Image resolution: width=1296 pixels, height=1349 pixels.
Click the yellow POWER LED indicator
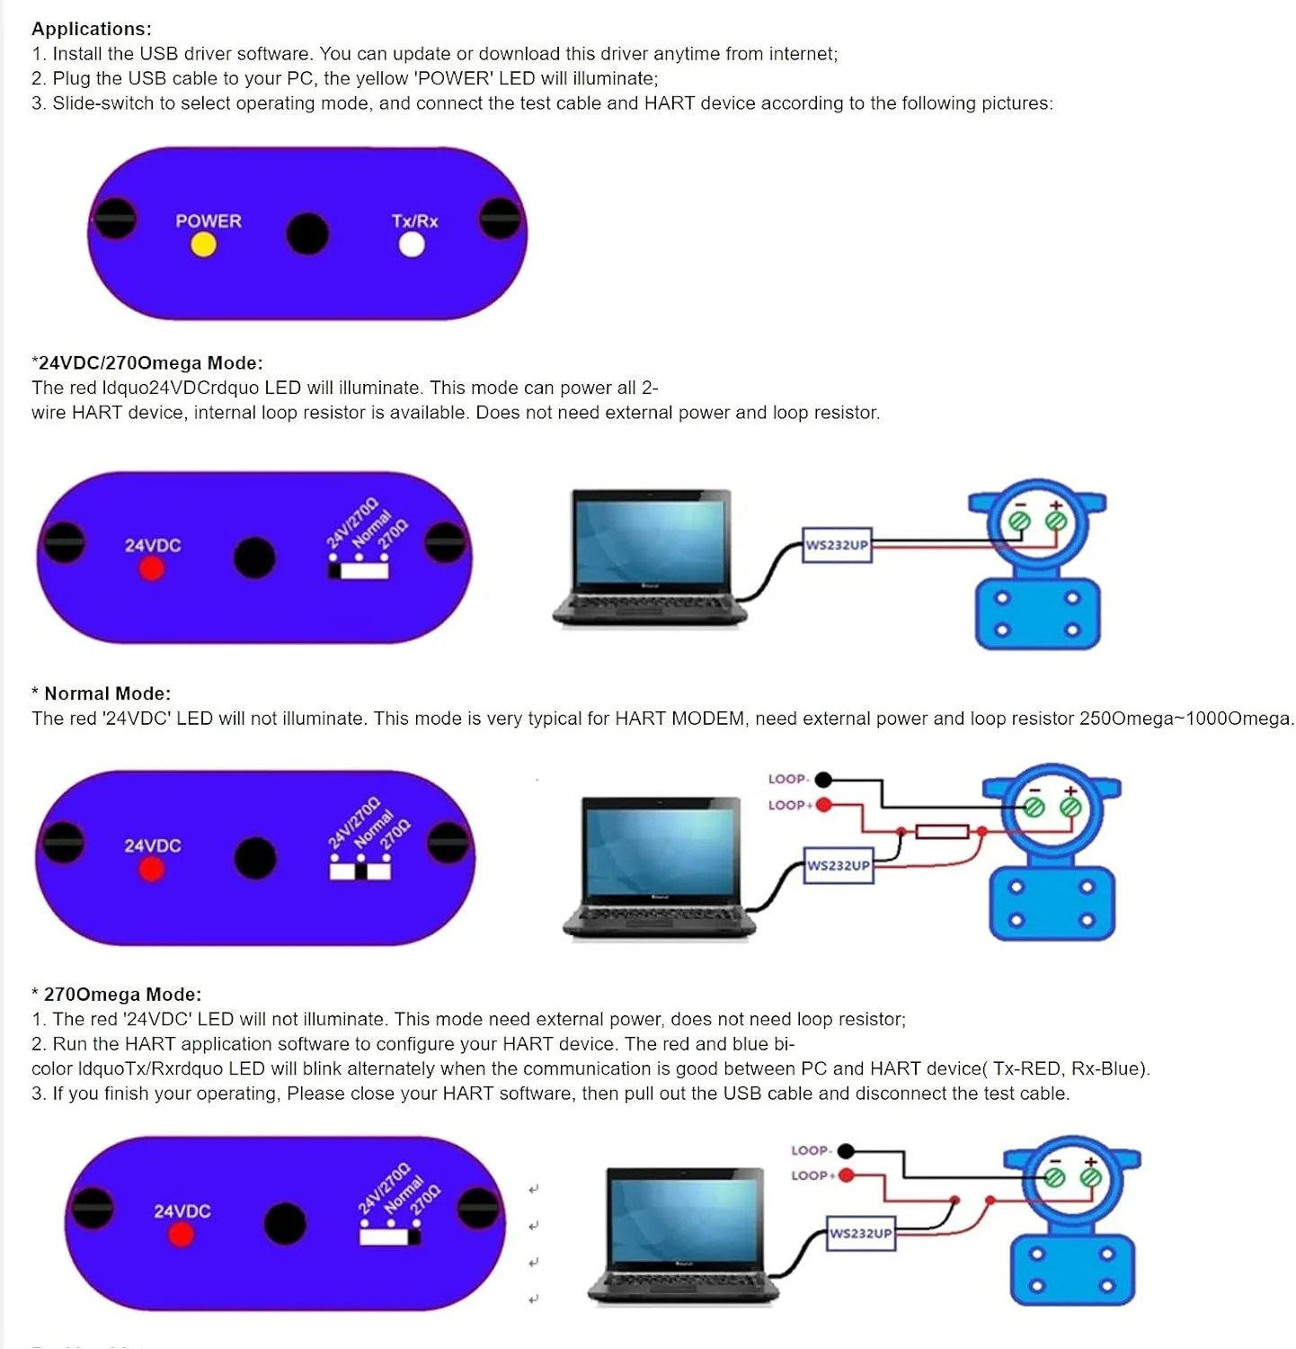(x=204, y=245)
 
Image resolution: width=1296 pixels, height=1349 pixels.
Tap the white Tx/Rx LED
(x=412, y=245)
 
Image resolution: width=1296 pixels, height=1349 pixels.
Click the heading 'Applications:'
(x=92, y=29)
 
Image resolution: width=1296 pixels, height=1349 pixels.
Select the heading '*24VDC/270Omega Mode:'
(x=147, y=362)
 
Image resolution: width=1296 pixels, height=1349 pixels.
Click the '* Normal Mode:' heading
(x=102, y=693)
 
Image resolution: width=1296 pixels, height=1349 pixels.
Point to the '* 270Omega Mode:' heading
(x=117, y=994)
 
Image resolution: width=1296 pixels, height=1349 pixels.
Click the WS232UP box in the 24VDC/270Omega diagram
(x=837, y=545)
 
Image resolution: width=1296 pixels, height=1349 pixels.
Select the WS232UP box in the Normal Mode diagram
(x=839, y=865)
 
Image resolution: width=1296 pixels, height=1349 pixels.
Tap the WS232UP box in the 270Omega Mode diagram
(x=861, y=1233)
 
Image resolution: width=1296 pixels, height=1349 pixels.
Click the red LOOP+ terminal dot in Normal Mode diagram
(x=824, y=805)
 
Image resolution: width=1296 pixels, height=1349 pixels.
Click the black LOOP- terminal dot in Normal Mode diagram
(x=823, y=780)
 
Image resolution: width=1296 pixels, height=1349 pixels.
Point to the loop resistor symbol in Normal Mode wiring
(x=941, y=832)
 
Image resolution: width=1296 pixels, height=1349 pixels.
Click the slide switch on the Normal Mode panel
(x=360, y=871)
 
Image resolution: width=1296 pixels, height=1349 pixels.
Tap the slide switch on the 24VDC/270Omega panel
(x=359, y=570)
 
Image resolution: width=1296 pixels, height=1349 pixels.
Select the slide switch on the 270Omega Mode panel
(x=389, y=1237)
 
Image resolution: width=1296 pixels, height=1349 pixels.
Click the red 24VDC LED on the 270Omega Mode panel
(x=182, y=1235)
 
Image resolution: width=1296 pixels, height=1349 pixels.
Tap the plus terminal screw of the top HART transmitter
(x=1056, y=521)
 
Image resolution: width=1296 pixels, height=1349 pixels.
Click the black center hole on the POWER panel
(x=307, y=234)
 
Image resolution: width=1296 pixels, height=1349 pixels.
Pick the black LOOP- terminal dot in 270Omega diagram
(x=846, y=1151)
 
